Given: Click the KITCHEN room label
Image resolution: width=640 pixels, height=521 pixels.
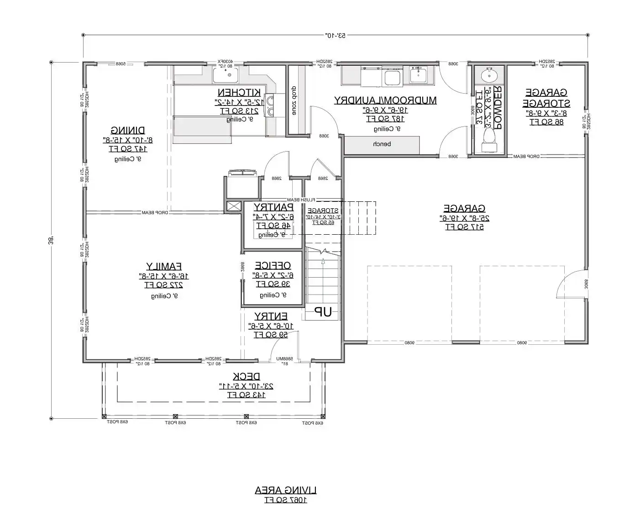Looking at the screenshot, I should coord(239,92).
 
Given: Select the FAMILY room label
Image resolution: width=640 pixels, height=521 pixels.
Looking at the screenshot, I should coord(164,266).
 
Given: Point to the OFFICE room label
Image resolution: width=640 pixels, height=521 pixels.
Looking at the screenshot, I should coord(273,265).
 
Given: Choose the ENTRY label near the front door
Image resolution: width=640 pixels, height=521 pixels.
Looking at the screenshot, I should coord(271,316).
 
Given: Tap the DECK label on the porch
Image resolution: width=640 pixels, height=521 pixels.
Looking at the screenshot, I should coord(247,376).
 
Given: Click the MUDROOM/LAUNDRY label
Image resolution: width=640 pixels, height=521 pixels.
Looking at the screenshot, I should coord(385,100).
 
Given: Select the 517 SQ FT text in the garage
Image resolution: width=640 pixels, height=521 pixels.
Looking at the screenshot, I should coord(464,227).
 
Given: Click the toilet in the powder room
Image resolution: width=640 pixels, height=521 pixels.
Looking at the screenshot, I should coord(489,139).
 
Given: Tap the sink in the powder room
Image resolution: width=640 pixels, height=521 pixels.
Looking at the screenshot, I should coord(489,74).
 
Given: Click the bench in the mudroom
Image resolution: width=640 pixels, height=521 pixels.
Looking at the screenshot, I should coord(382,144).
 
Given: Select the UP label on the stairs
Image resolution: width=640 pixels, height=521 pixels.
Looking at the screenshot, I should coord(324,312).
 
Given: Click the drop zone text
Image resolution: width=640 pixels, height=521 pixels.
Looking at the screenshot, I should coord(294,100).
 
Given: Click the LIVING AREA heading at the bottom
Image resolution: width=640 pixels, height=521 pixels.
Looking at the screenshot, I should coord(285,490).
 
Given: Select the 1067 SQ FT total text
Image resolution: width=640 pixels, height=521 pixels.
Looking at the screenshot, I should coord(285,500).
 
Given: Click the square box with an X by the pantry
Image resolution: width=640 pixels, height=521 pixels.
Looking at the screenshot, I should coord(233,206).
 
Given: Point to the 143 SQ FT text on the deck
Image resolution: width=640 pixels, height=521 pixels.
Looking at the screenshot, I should coord(247,395).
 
